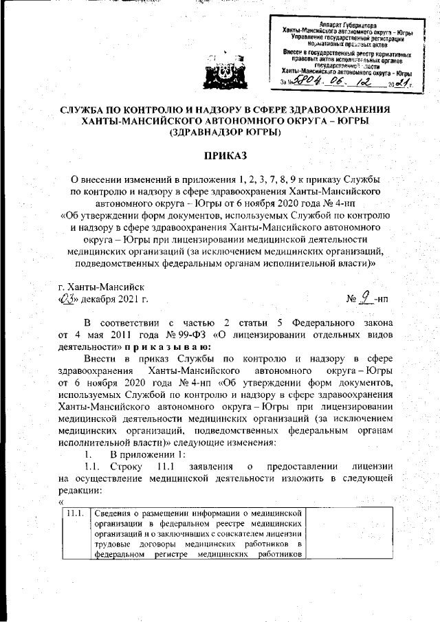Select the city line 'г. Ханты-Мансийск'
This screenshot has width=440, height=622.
[x=102, y=286]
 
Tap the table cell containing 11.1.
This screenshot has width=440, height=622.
[x=74, y=513]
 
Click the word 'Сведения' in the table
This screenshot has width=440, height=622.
[x=115, y=513]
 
